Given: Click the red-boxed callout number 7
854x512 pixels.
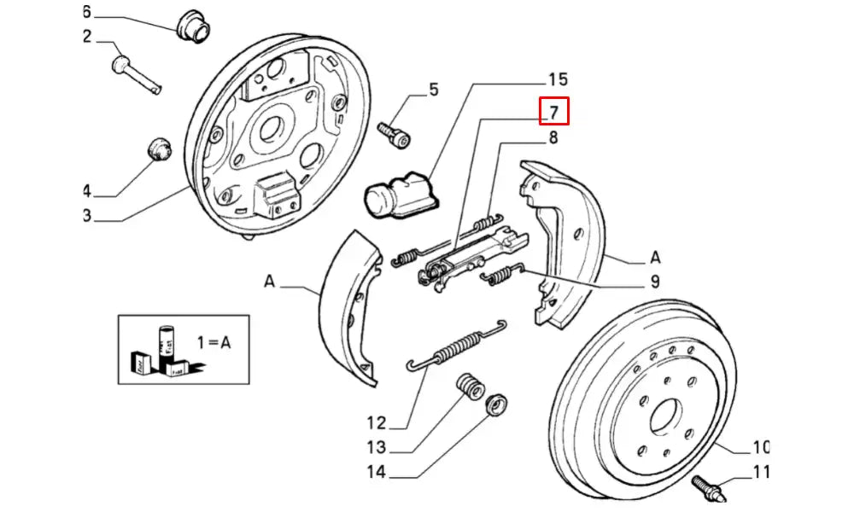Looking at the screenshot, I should pos(553,112).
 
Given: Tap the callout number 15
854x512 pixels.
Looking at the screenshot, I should pos(557,80).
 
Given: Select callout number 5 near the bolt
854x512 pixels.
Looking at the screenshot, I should pos(433,89).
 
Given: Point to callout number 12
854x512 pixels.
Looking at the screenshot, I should pos(377,422).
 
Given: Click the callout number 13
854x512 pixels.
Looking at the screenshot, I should pos(377,446).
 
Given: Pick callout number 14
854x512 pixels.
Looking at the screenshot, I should pos(377,472).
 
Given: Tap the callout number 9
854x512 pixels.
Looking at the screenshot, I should pos(654,281).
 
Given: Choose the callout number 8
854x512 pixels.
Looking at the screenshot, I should pos(553,138).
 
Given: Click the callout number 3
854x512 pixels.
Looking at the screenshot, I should pos(86,215).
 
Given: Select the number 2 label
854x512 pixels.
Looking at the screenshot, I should pos(86,36).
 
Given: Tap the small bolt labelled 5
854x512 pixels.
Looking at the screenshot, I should pos(394,132).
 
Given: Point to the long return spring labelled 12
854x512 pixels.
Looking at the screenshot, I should pos(457,346).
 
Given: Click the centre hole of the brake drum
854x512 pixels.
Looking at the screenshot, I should pos(664,418).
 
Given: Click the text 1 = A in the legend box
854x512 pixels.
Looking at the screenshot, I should pos(213,342).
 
